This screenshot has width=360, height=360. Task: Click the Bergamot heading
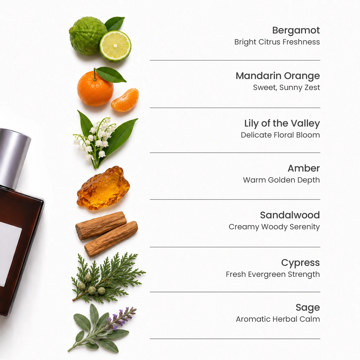tap(296, 31)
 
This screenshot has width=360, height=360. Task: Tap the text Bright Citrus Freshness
tap(277, 42)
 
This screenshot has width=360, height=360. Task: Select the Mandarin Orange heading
tap(278, 76)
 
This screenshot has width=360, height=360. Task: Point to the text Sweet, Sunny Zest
tap(286, 87)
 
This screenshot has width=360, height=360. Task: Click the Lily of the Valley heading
tap(282, 123)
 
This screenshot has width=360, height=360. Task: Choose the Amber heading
tap(303, 168)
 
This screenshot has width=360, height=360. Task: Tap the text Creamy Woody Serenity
tap(274, 227)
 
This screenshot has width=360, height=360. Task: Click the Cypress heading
tap(300, 263)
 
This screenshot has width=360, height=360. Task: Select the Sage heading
tap(308, 308)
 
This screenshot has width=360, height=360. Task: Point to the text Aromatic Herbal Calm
tap(278, 319)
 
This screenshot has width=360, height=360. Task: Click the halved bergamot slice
tap(116, 46)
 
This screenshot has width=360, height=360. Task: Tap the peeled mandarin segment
tap(125, 100)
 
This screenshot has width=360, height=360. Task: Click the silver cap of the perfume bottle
tap(14, 158)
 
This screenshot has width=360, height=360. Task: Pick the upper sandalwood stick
tap(101, 225)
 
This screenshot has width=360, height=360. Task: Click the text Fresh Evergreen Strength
tap(273, 274)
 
